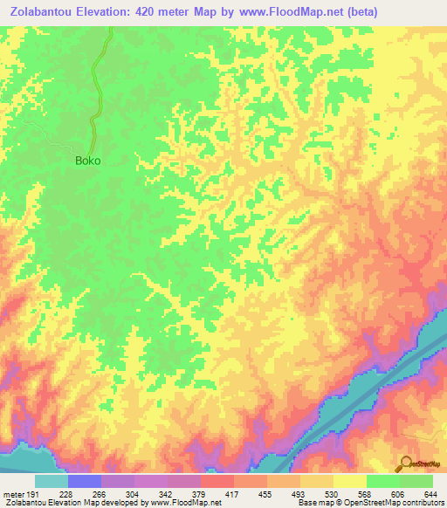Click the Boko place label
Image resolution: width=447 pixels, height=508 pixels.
[x=87, y=161]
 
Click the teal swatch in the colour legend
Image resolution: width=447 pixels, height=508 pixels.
[x=52, y=481]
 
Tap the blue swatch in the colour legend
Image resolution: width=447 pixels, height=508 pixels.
[x=85, y=481]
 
